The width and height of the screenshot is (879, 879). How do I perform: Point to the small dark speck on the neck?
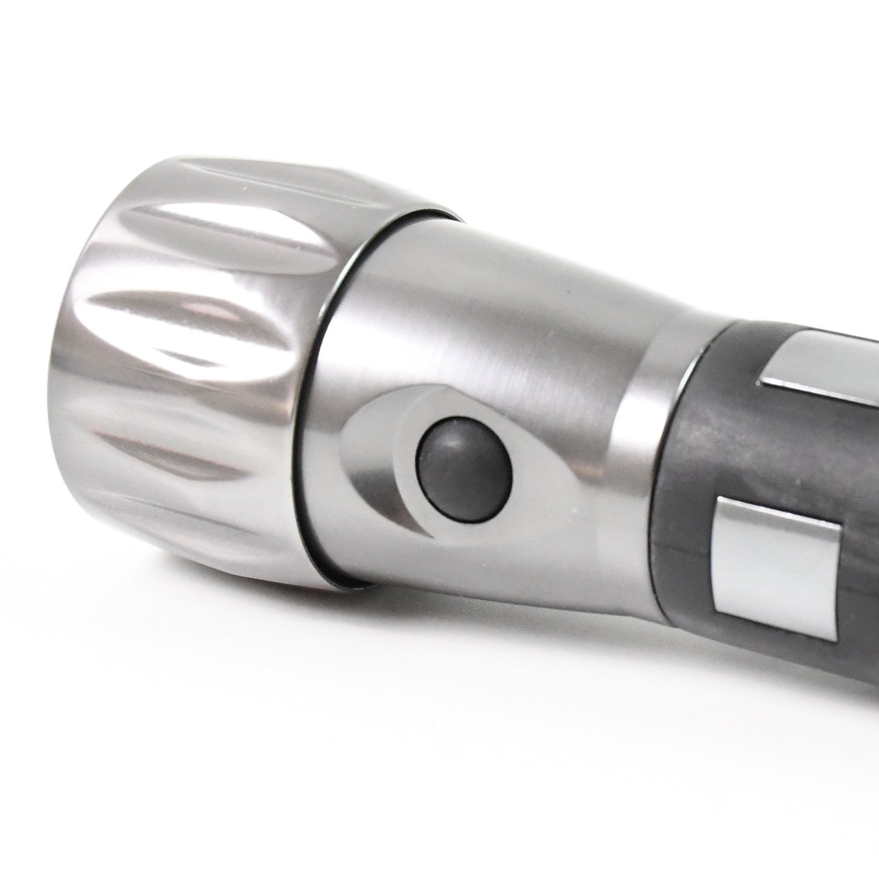coord(568,299)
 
